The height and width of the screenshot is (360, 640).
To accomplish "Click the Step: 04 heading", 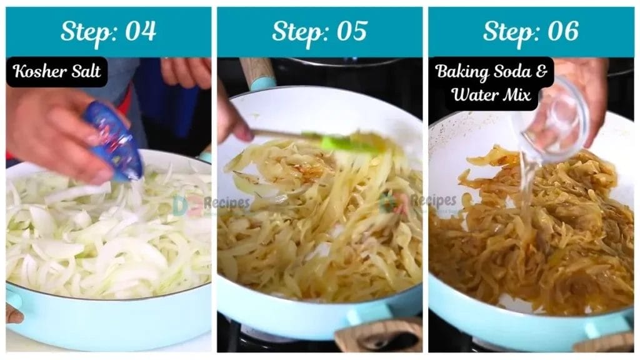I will pos(108,31).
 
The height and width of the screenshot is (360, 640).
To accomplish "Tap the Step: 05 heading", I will pos(319,31).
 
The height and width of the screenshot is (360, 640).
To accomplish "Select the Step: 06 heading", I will pos(531,31).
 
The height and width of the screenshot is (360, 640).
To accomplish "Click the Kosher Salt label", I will pos(57,72).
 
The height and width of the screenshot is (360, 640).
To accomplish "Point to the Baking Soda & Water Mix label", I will pos(491,83).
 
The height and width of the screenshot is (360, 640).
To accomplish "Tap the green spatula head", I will pos(347,142).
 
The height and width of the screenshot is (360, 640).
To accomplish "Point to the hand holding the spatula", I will pos(232,119).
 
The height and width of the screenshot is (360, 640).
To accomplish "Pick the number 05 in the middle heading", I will pos(351,31).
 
